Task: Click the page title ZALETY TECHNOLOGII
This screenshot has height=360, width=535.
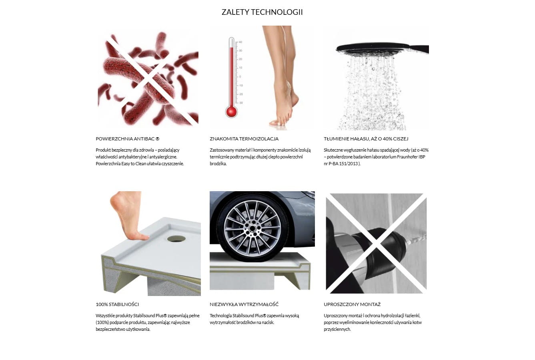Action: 262,12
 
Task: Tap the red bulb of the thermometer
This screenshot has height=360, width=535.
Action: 231,112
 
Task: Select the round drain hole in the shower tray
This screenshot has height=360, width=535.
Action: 176,238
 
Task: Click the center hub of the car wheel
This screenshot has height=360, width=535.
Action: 252,228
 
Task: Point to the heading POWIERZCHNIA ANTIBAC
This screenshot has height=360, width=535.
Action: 128,139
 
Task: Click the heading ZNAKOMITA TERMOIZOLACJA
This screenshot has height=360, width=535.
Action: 244,139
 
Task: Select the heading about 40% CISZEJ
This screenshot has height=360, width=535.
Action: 366,139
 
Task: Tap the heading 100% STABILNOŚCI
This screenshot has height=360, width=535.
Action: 117,304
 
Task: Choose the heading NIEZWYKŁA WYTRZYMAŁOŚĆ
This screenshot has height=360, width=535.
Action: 244,304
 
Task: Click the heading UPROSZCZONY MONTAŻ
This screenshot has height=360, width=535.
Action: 352,304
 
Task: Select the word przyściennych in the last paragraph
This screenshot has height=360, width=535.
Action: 337,330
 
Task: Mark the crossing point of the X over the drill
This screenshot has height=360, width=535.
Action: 376,244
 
